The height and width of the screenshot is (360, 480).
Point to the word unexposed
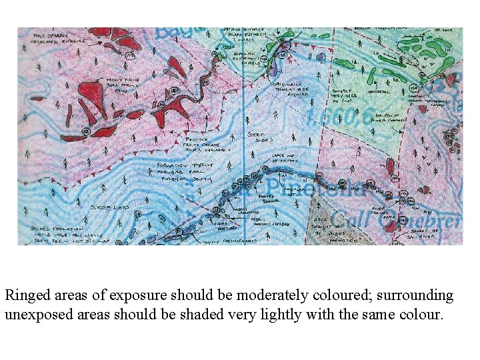coord(37,314)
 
